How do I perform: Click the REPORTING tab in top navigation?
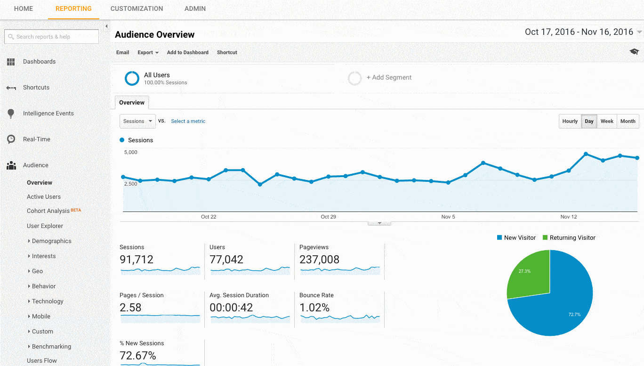click(x=73, y=8)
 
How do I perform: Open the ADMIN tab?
click(x=195, y=8)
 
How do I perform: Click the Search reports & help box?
click(x=52, y=37)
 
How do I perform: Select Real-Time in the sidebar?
click(x=36, y=139)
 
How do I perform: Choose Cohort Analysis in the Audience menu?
click(x=48, y=211)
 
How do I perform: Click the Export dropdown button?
click(x=148, y=52)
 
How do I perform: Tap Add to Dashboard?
click(x=187, y=52)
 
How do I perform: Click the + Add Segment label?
click(x=389, y=78)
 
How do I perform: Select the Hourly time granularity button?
click(x=570, y=121)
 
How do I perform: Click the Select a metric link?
click(x=188, y=121)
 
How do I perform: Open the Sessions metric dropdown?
click(x=137, y=121)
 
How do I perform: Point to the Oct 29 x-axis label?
click(x=328, y=217)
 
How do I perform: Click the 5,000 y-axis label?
click(x=131, y=152)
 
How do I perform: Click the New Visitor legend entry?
click(x=516, y=238)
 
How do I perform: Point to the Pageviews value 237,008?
click(x=319, y=260)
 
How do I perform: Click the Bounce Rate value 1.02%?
click(x=314, y=308)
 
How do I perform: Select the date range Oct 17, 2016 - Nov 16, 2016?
click(x=579, y=32)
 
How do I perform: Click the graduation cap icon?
click(x=634, y=52)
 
